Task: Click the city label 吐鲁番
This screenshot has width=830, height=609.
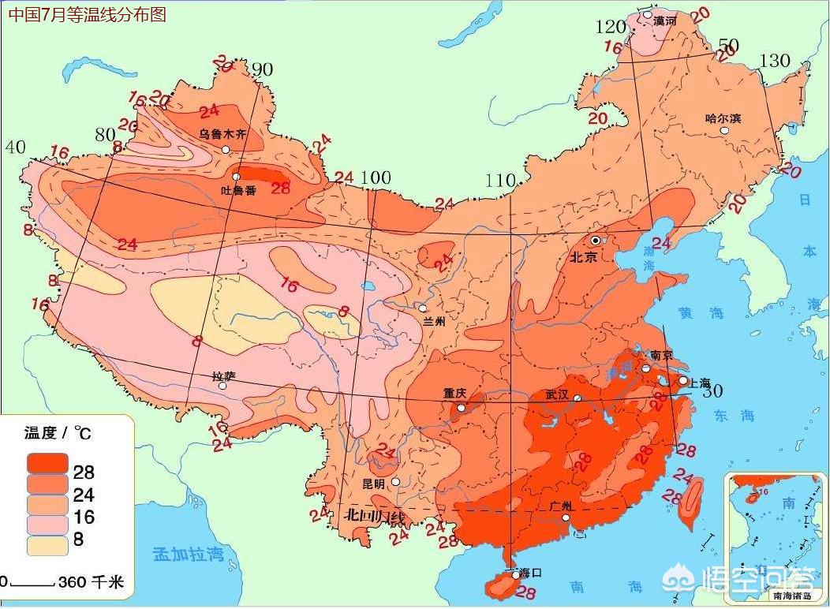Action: pos(237,190)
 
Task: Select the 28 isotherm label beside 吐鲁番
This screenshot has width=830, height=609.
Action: pos(281,187)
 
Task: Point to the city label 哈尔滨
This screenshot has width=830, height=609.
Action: pos(723,118)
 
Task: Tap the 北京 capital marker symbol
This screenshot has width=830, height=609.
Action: pos(596,240)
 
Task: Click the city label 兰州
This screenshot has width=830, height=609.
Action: pos(435,321)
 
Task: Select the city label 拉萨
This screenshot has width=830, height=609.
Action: pos(224,376)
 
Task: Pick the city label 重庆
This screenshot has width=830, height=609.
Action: pos(454,393)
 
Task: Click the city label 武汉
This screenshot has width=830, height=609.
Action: pos(557,394)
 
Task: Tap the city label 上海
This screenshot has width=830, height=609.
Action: pos(701,381)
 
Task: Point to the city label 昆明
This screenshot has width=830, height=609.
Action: pos(373,483)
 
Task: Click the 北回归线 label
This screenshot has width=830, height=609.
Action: pos(376,516)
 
